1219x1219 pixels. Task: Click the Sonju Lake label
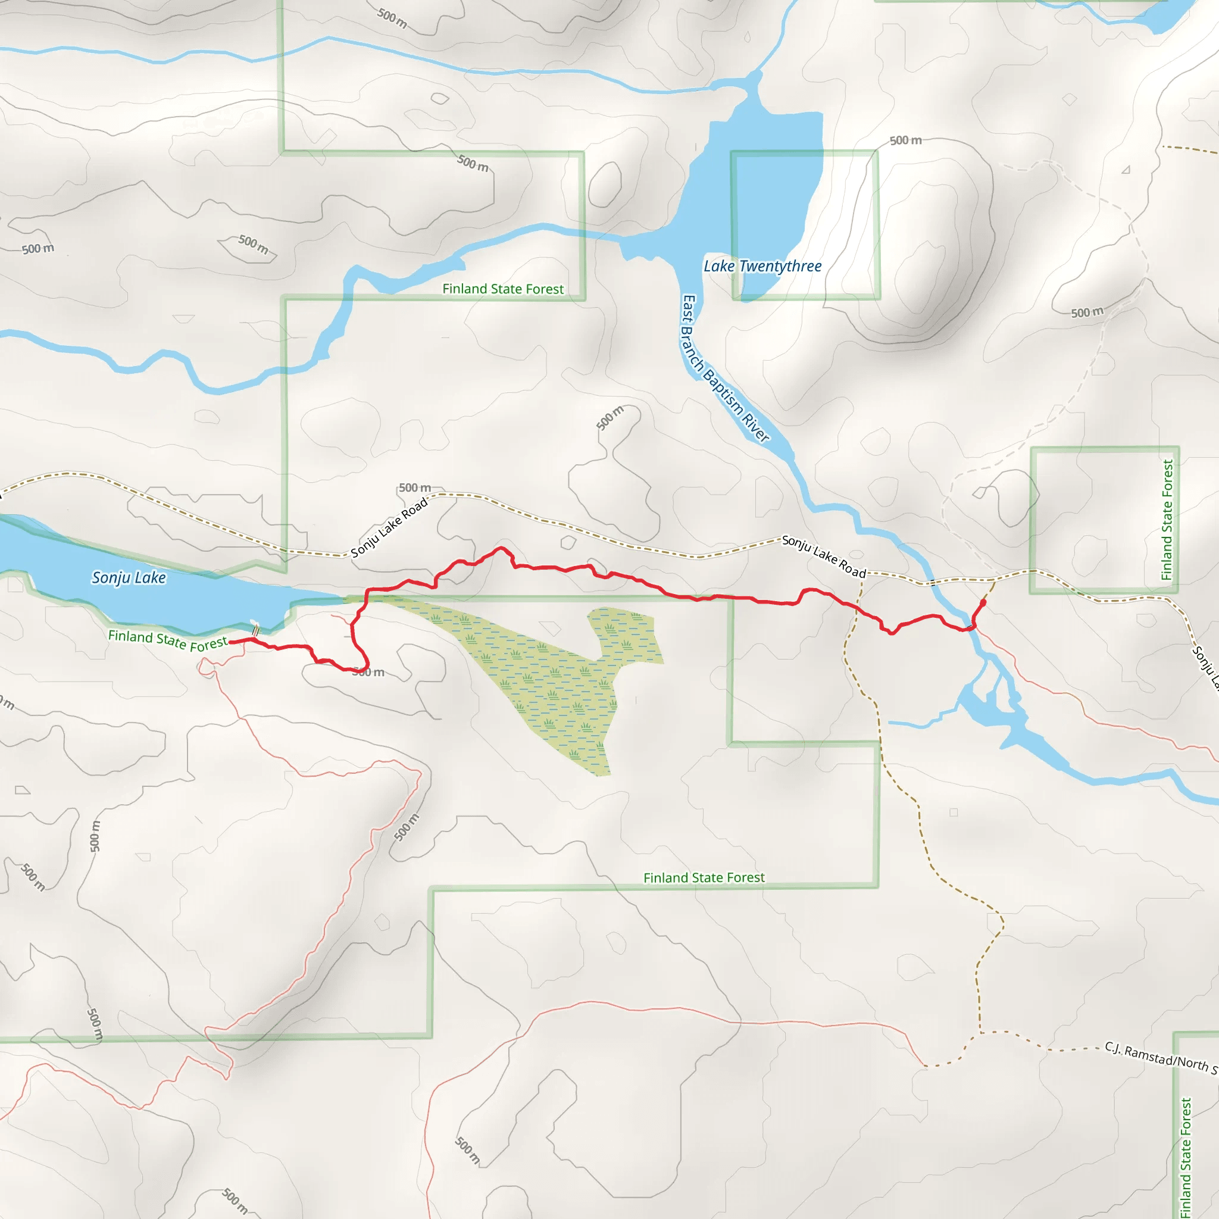point(129,577)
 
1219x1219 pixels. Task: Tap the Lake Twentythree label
point(762,266)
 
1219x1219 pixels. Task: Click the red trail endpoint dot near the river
point(982,602)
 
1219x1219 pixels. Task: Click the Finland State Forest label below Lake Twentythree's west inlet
point(503,289)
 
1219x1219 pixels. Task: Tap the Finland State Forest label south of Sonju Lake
point(167,640)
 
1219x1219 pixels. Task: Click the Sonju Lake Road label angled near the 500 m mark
point(389,527)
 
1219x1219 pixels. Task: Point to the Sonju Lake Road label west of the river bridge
point(823,556)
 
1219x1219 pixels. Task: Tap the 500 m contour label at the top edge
point(392,18)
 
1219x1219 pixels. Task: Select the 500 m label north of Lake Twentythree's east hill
point(905,140)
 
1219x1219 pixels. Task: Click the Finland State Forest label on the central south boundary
point(704,878)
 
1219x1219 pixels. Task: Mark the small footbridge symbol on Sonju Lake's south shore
point(255,630)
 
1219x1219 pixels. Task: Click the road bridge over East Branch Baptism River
point(933,582)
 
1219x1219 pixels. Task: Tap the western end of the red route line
point(230,642)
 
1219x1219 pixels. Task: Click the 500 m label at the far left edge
point(38,249)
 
